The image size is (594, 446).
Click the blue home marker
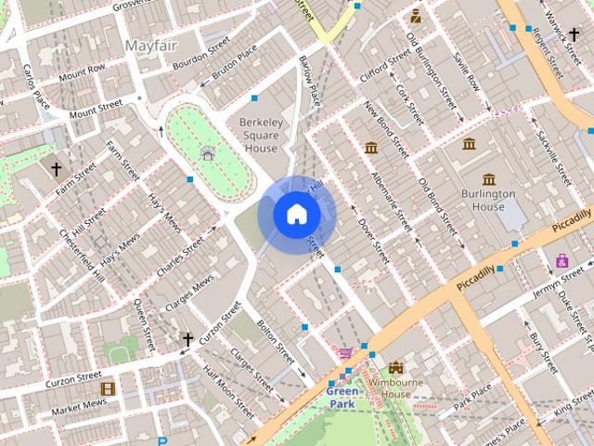click(x=296, y=215)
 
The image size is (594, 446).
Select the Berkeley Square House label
click(x=259, y=135)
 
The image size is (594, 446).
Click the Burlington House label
click(x=488, y=200)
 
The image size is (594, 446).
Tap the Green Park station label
click(x=342, y=398)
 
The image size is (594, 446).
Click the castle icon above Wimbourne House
click(x=396, y=368)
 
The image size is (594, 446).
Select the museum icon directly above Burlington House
click(x=489, y=178)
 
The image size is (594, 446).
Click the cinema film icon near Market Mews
click(x=108, y=388)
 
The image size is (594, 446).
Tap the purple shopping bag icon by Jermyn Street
click(x=562, y=260)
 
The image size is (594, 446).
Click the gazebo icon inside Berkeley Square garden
click(x=207, y=153)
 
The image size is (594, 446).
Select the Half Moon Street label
click(x=227, y=390)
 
